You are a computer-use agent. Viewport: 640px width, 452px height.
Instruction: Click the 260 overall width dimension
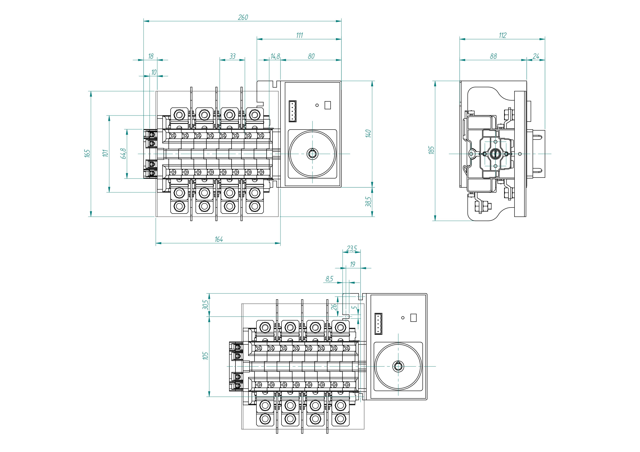(x=243, y=17)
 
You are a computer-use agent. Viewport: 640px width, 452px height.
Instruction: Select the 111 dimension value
(x=299, y=35)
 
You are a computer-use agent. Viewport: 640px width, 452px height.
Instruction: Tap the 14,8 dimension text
(x=275, y=56)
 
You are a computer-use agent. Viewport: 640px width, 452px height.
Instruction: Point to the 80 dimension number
(x=311, y=56)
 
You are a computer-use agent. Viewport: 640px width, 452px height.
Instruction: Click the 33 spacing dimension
(x=232, y=56)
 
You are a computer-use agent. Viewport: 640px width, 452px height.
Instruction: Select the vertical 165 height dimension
(x=87, y=153)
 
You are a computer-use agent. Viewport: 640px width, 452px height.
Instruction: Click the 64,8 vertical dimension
(x=124, y=153)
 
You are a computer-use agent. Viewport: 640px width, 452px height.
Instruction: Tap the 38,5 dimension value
(x=369, y=202)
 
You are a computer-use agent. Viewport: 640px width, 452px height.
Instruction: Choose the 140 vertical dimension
(x=369, y=133)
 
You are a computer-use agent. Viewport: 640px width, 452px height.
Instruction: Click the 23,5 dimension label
(x=352, y=248)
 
